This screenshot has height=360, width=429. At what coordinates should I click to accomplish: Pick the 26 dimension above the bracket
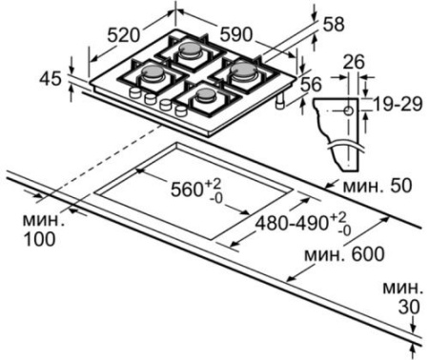[353, 65]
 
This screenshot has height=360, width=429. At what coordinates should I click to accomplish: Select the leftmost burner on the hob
[152, 71]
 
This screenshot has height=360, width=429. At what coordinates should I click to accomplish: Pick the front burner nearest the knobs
[202, 94]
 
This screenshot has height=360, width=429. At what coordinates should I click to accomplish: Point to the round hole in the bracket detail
[348, 110]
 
